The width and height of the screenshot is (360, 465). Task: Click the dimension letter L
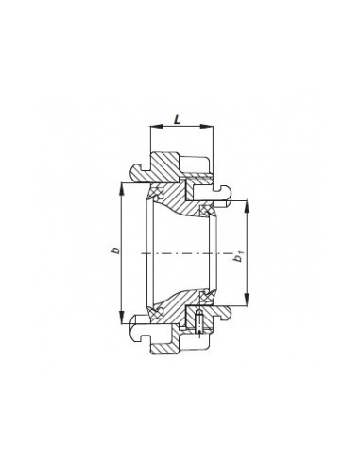pyautogui.click(x=178, y=120)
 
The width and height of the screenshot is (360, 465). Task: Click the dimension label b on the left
pyautogui.click(x=116, y=250)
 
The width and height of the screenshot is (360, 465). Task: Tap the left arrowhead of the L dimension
pyautogui.click(x=156, y=127)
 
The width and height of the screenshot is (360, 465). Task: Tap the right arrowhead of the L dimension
pyautogui.click(x=208, y=127)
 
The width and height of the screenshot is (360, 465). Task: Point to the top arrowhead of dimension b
pyautogui.click(x=121, y=189)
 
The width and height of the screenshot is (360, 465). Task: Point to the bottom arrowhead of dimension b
pyautogui.click(x=121, y=318)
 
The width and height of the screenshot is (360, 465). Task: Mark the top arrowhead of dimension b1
pyautogui.click(x=247, y=206)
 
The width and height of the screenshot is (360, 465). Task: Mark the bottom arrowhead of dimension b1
pyautogui.click(x=247, y=300)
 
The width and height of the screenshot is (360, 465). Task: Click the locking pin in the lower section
pyautogui.click(x=198, y=320)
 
